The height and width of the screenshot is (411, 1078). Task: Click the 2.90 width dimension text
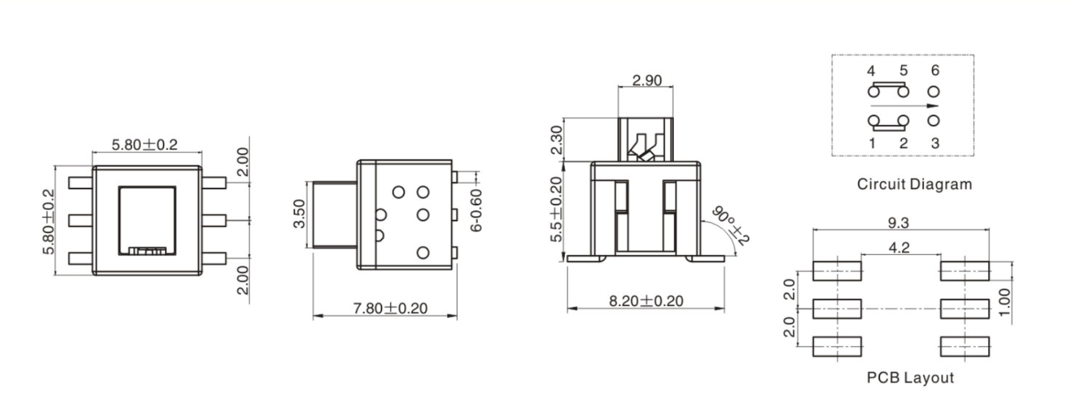[647, 80]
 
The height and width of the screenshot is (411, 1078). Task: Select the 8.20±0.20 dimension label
[646, 301]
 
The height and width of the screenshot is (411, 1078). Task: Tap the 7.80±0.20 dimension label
[390, 308]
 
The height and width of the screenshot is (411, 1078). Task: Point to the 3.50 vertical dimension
[299, 214]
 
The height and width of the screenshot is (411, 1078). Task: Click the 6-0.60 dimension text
[476, 210]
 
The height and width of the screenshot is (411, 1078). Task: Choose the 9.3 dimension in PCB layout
[898, 222]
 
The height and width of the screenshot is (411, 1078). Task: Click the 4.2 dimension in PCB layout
[899, 248]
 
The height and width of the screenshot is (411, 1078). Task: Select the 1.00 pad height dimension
[1004, 301]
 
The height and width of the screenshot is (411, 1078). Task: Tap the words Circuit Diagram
[914, 184]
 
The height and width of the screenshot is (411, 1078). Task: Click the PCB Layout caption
[910, 378]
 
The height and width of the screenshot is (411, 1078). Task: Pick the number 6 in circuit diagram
[934, 70]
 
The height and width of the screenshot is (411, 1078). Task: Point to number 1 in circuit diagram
[872, 143]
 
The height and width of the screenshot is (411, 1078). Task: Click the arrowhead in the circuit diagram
[934, 106]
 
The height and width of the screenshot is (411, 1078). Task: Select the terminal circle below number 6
[934, 90]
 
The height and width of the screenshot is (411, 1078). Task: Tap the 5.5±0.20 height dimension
[557, 208]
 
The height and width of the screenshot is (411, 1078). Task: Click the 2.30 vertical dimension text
[557, 139]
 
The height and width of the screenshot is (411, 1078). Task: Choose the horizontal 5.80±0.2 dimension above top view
[144, 144]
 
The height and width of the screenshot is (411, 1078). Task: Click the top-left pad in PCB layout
[837, 270]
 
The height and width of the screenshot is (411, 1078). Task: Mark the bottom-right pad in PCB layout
[964, 346]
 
